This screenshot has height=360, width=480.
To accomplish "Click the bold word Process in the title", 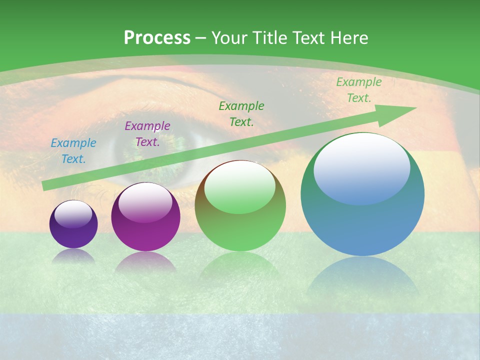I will [x=157, y=38].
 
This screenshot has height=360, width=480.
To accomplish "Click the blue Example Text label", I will [x=73, y=151].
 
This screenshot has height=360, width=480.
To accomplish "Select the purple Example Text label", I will [x=147, y=134].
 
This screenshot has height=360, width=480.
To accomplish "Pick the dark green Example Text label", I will [x=241, y=113].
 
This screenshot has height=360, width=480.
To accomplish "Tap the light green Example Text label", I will [x=358, y=90].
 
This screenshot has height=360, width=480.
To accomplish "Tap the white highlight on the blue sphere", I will [x=361, y=167].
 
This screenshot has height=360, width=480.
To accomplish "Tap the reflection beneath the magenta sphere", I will [x=145, y=262].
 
